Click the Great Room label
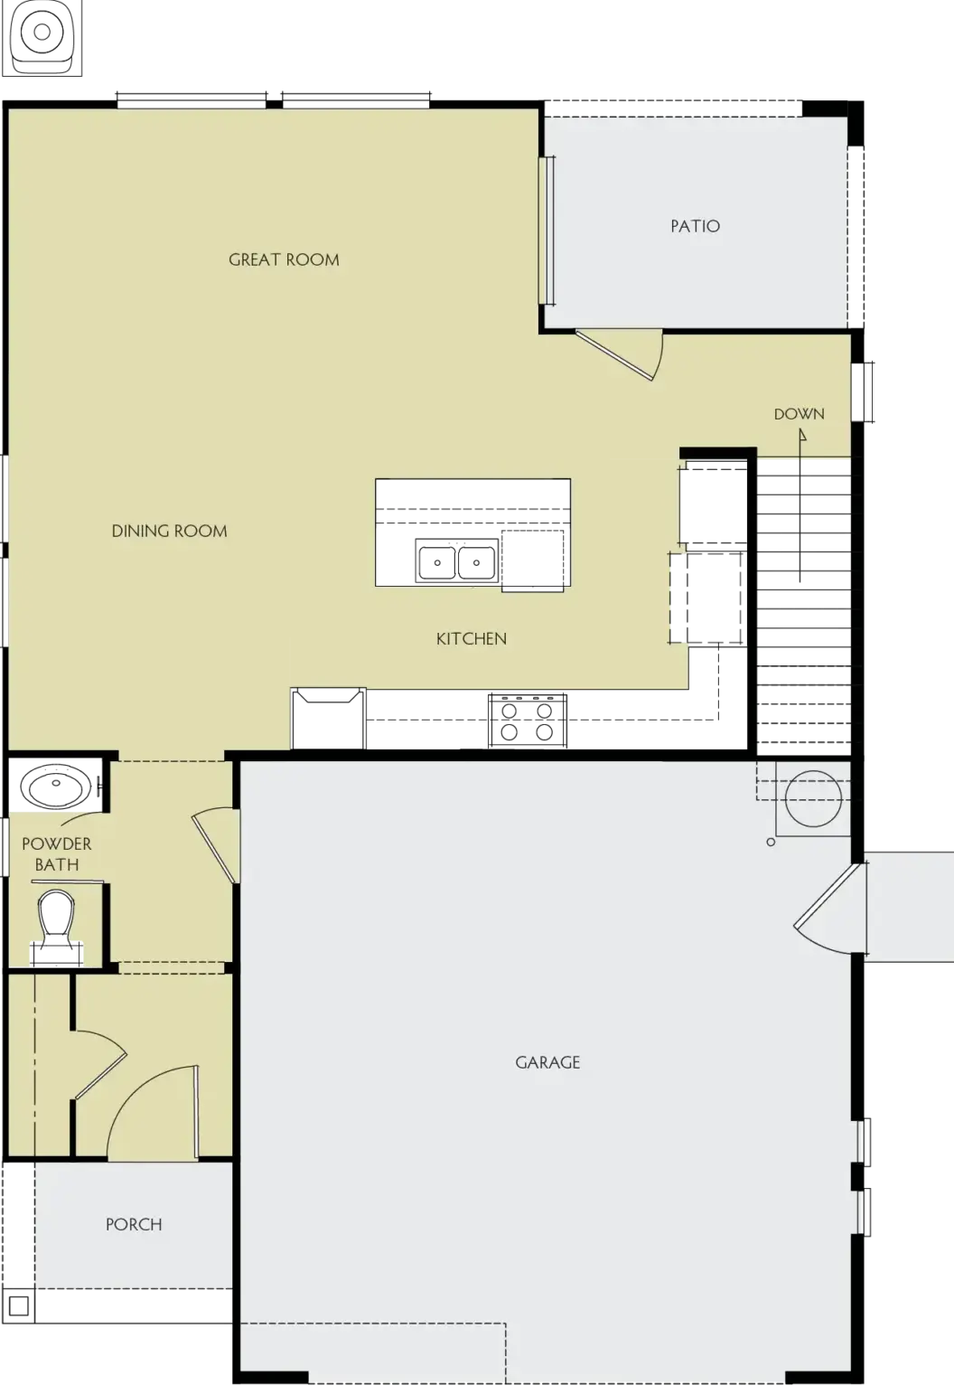point(284,260)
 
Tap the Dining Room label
point(169,531)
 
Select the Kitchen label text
point(471,639)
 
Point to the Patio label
point(695,226)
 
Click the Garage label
point(547,1062)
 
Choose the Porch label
point(134,1224)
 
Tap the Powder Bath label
point(56,854)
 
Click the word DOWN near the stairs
point(799,414)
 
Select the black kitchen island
point(472,532)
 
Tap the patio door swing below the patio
point(623,354)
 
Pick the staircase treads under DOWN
point(803,597)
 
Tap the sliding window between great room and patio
point(547,231)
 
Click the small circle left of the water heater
point(771,843)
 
